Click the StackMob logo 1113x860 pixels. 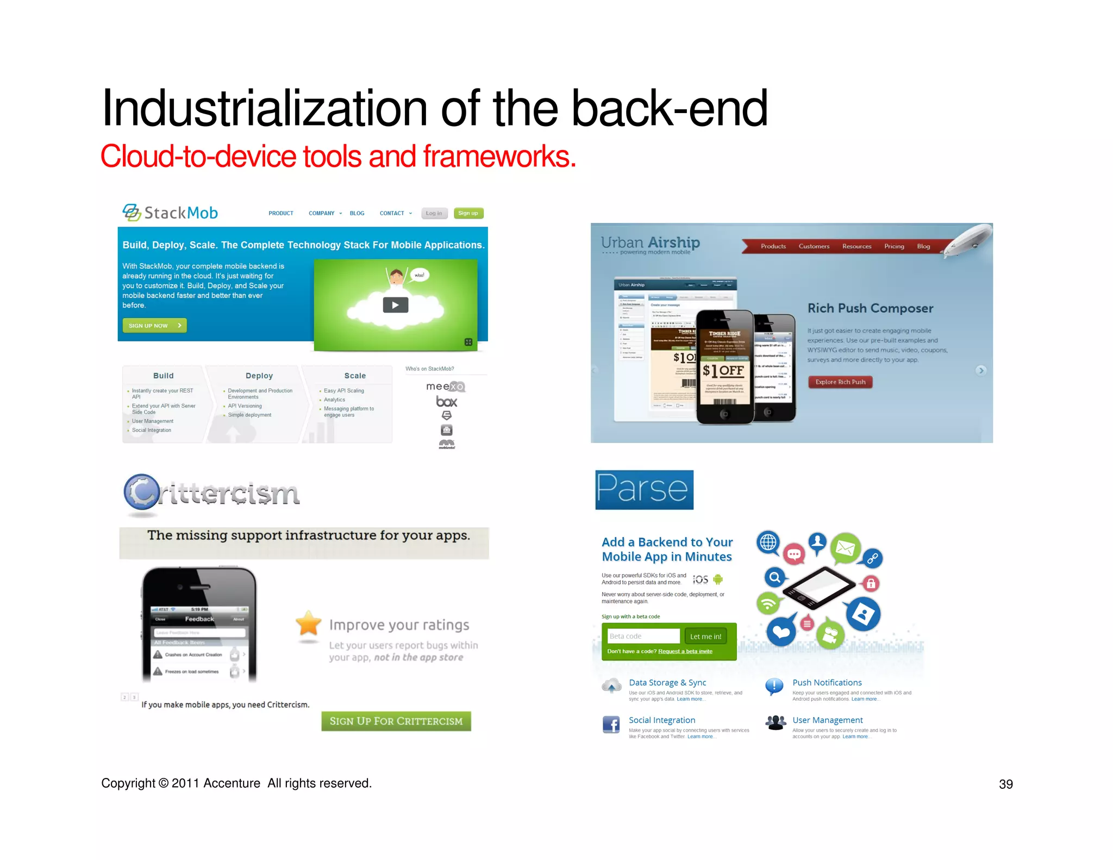pos(170,213)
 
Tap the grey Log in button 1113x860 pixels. pos(434,213)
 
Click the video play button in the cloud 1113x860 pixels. pos(395,305)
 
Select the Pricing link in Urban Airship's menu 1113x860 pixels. pos(894,246)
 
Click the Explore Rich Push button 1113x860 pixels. pos(840,382)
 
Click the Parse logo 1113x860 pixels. pos(644,490)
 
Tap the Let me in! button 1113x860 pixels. pos(705,636)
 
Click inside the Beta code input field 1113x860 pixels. pos(643,636)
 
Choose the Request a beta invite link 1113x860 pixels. pos(685,651)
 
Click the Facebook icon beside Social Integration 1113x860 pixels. pos(611,725)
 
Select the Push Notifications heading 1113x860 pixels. pos(827,682)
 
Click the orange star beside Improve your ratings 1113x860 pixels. pos(308,624)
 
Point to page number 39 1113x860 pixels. pos(1005,784)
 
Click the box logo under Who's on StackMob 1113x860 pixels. pos(446,402)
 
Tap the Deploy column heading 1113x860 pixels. pos(259,376)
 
